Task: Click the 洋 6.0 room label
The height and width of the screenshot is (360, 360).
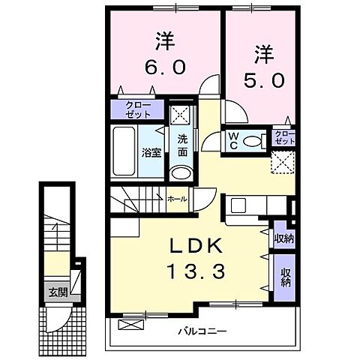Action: [159, 52]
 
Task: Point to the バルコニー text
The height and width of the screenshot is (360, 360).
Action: [202, 331]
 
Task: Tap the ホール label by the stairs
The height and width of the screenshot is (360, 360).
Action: [177, 199]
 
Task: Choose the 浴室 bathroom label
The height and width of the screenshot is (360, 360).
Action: [152, 153]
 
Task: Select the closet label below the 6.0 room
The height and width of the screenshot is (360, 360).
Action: [137, 110]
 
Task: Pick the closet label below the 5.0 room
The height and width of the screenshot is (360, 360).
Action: [284, 138]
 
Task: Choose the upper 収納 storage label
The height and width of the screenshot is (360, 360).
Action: [283, 239]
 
